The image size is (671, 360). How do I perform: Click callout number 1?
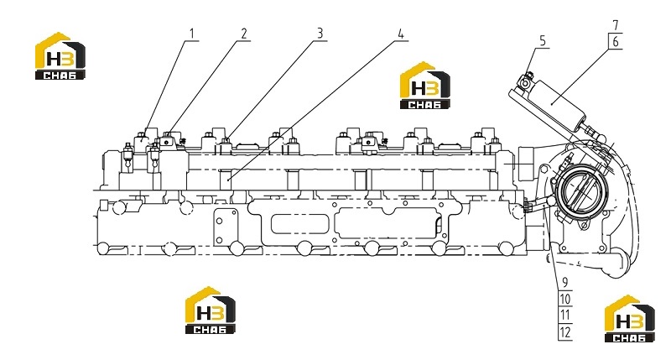tap(192, 34)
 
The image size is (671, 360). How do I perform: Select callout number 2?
tap(244, 34)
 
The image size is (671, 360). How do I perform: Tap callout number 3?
tap(320, 34)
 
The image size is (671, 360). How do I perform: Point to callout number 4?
tap(401, 34)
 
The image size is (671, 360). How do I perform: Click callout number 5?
tap(543, 41)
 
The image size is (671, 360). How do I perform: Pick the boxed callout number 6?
tap(616, 41)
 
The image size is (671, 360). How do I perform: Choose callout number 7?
tap(616, 25)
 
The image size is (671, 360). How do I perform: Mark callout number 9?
tap(564, 283)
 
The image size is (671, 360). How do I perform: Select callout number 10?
tap(564, 299)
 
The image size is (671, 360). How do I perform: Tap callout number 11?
tap(564, 316)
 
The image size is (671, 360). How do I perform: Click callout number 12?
tap(564, 332)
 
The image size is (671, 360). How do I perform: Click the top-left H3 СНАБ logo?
tap(60, 55)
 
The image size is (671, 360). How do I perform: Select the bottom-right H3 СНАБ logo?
tap(630, 319)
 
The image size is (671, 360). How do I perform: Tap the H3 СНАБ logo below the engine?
tap(211, 310)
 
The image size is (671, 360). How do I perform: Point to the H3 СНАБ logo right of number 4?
tap(425, 86)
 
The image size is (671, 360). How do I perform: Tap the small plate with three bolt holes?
tap(226, 227)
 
